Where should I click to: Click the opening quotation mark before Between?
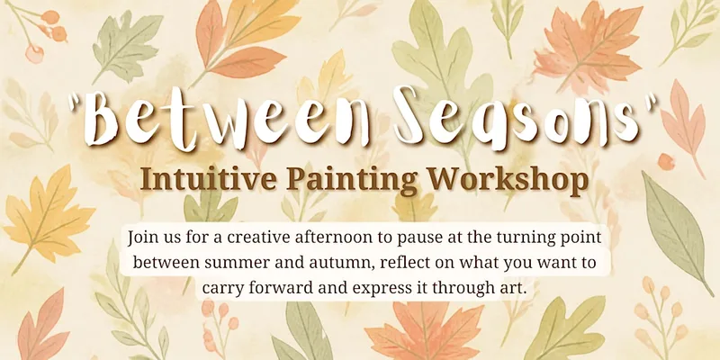click(x=75, y=103)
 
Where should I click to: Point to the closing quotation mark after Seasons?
click(x=650, y=102)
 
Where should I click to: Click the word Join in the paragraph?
click(x=141, y=238)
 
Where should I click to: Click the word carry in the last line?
click(x=219, y=288)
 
